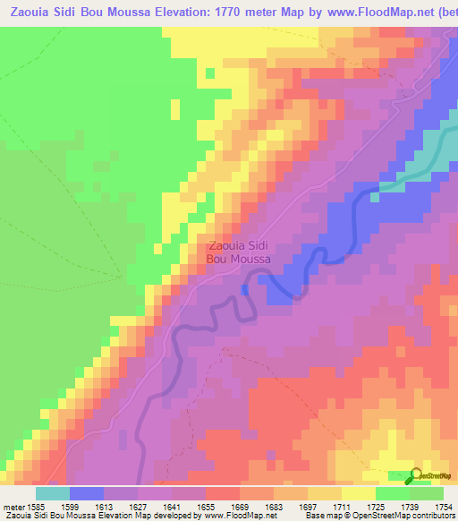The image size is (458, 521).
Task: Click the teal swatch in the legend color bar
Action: coord(53,493)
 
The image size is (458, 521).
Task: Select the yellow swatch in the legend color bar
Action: coord(358,493)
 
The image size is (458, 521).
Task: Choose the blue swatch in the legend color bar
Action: coord(87,493)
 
